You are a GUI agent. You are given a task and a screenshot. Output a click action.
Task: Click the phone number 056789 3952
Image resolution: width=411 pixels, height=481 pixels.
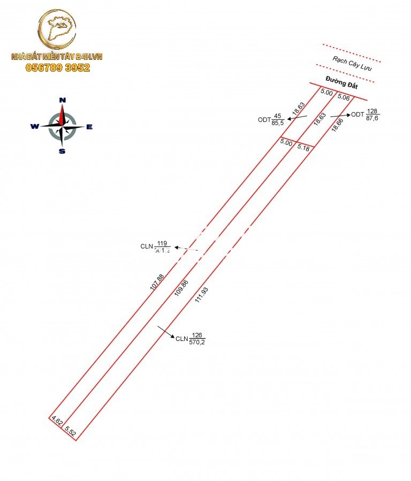(58, 68)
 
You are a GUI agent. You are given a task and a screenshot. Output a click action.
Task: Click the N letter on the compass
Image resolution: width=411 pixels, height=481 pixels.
(62, 100)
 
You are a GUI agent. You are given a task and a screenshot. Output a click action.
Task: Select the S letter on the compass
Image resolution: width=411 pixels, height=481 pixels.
(62, 151)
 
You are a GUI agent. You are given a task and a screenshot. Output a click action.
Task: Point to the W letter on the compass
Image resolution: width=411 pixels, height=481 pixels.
(34, 127)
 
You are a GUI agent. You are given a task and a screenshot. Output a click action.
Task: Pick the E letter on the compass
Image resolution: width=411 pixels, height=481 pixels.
(89, 127)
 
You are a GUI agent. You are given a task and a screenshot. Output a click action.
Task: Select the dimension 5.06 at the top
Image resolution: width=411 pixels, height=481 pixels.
(344, 98)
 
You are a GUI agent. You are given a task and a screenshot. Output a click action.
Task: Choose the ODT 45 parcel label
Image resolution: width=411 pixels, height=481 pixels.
(271, 119)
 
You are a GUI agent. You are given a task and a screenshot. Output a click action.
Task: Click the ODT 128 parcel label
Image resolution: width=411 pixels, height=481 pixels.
(365, 115)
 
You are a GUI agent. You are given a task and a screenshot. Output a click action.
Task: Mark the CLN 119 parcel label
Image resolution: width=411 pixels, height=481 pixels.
(155, 246)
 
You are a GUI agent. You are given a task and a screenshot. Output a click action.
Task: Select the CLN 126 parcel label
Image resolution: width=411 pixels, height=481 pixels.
(191, 339)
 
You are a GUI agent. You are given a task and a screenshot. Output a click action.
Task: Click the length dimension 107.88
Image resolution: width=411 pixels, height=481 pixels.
(157, 282)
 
